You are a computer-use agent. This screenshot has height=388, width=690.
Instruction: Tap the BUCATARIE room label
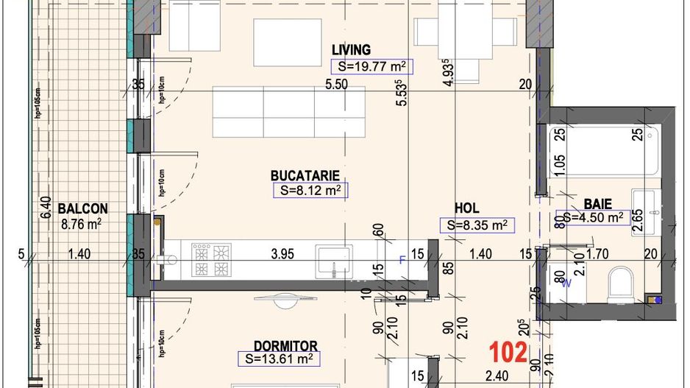pyautogui.click(x=305, y=176)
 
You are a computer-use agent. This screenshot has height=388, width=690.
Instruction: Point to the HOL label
pyautogui.click(x=467, y=209)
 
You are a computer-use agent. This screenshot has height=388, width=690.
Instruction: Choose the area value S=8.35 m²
pyautogui.click(x=477, y=225)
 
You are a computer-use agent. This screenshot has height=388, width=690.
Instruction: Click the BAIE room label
pyautogui.click(x=598, y=203)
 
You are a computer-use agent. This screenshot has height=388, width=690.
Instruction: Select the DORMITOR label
pyautogui.click(x=285, y=346)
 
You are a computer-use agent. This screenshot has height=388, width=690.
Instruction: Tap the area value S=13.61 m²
pyautogui.click(x=280, y=359)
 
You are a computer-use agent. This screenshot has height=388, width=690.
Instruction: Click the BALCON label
pyautogui.click(x=83, y=208)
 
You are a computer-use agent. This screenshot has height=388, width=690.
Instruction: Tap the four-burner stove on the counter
pyautogui.click(x=212, y=260)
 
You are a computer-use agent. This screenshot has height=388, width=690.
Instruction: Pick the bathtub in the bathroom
pyautogui.click(x=600, y=151)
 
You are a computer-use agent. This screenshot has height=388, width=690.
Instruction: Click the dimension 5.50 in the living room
pyautogui.click(x=336, y=85)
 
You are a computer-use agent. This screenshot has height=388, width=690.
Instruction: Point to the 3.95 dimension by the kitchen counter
pyautogui.click(x=282, y=255)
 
